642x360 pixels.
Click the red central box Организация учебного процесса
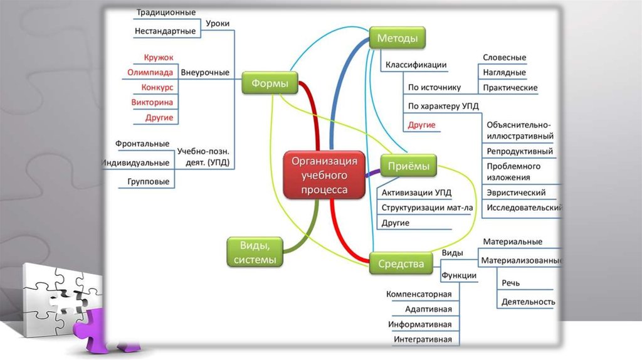click(x=324, y=174)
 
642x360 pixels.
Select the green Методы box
click(x=397, y=38)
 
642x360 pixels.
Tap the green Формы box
click(x=270, y=83)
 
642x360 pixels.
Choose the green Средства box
click(x=401, y=264)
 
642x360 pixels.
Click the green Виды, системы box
click(x=254, y=252)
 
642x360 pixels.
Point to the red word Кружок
click(x=158, y=58)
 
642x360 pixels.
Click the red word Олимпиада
click(x=150, y=72)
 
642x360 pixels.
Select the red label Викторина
click(x=152, y=102)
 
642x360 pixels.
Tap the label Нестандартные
click(x=165, y=31)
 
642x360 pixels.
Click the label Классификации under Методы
click(x=416, y=65)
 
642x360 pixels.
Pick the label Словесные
click(x=504, y=58)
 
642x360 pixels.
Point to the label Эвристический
click(x=516, y=193)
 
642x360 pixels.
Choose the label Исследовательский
click(x=524, y=208)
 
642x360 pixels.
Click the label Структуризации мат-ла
click(x=427, y=208)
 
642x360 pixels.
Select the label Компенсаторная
click(x=419, y=294)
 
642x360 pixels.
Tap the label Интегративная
click(x=423, y=339)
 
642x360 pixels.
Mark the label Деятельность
click(x=528, y=302)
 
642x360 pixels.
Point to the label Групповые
click(x=148, y=182)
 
